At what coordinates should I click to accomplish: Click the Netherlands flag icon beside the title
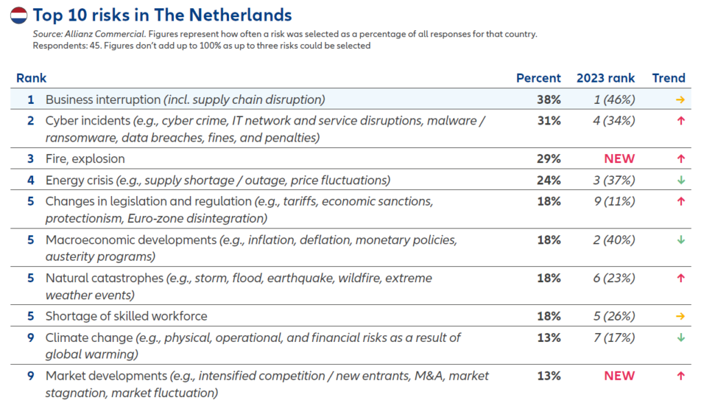(x=19, y=15)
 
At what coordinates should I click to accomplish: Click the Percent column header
(x=538, y=78)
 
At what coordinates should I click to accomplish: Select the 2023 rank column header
(x=606, y=78)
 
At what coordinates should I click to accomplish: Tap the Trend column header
(x=669, y=78)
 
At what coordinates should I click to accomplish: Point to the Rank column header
(x=31, y=78)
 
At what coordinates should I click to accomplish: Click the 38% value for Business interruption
(x=549, y=100)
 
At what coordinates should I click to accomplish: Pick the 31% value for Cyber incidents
(x=549, y=120)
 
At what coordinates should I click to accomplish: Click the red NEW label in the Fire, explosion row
(x=619, y=159)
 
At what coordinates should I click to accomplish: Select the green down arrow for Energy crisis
(x=681, y=180)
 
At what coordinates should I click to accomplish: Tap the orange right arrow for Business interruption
(x=681, y=100)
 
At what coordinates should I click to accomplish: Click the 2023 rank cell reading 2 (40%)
(x=613, y=240)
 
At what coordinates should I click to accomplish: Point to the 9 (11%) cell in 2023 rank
(x=613, y=202)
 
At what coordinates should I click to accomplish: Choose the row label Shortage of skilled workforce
(x=126, y=317)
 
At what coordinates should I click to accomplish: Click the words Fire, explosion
(x=85, y=159)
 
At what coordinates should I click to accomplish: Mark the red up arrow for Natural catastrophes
(x=681, y=278)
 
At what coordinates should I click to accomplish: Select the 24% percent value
(x=549, y=180)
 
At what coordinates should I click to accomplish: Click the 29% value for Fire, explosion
(x=549, y=159)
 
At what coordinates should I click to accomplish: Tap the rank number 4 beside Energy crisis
(x=30, y=180)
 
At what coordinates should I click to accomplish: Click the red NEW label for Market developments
(x=619, y=376)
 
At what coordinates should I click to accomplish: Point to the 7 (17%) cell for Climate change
(x=613, y=338)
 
